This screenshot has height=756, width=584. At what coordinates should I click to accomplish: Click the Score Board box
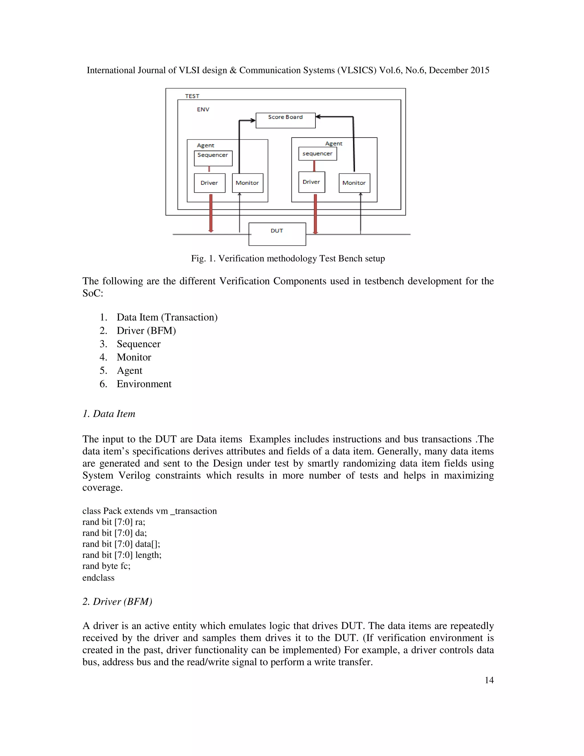click(x=285, y=120)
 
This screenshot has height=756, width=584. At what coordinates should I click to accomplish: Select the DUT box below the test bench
click(x=277, y=234)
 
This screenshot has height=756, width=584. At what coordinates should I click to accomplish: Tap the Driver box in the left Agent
click(x=209, y=183)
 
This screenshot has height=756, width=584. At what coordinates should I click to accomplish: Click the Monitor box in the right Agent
click(x=354, y=183)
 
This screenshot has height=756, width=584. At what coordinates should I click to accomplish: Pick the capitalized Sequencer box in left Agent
click(x=213, y=158)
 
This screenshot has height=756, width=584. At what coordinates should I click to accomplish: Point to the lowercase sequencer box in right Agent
click(x=318, y=154)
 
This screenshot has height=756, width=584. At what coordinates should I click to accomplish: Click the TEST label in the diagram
click(x=192, y=96)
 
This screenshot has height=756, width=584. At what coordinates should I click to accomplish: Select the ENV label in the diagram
click(x=203, y=109)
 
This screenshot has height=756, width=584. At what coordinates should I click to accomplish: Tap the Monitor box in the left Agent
click(x=247, y=183)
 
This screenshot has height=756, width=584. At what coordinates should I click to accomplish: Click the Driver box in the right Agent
click(x=311, y=182)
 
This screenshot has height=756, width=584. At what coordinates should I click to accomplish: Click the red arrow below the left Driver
click(x=211, y=213)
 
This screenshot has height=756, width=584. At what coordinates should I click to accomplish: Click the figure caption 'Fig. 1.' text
click(x=203, y=258)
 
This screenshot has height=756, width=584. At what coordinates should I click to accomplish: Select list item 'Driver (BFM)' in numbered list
click(x=146, y=331)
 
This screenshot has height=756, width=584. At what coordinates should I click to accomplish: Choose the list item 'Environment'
click(x=144, y=384)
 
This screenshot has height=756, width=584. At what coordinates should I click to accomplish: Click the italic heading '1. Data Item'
click(x=109, y=414)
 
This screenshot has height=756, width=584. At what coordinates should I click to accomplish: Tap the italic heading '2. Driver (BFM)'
click(x=117, y=601)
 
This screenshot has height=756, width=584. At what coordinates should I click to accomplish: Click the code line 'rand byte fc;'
click(x=106, y=566)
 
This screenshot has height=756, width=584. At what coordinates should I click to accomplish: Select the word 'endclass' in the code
click(x=98, y=577)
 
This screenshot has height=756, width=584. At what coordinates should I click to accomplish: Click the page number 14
click(x=489, y=680)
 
